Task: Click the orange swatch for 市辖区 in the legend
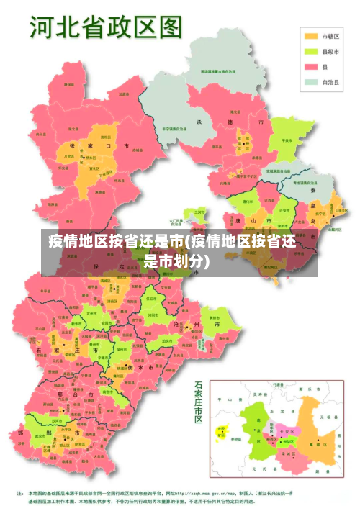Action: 311,36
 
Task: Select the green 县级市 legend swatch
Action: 311,51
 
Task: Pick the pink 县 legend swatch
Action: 311,66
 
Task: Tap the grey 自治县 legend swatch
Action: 311,82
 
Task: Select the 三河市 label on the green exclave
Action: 199,212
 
